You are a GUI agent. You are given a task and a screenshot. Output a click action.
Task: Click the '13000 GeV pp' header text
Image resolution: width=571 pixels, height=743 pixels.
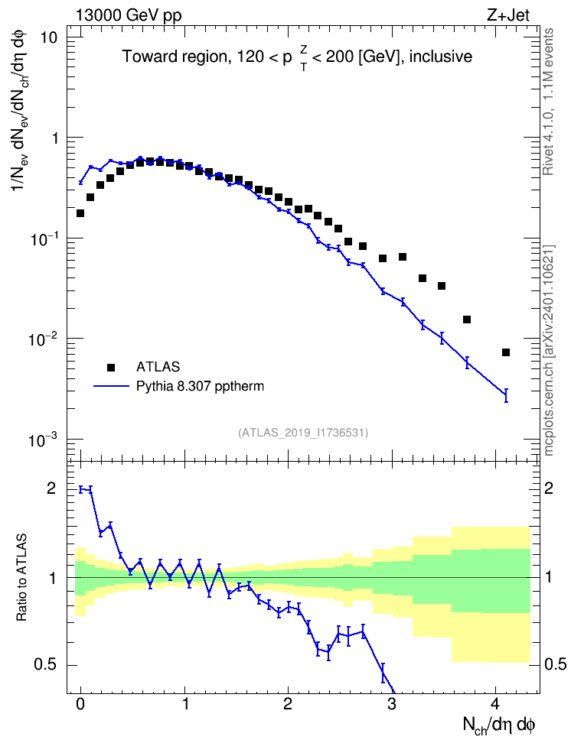(128, 15)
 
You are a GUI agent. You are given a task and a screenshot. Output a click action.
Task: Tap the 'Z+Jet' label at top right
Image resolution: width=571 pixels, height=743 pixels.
(508, 15)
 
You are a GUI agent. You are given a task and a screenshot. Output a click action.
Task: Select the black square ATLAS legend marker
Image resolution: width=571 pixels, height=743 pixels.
(111, 367)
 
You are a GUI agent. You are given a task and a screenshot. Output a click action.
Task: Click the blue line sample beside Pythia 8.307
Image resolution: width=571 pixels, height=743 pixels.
(111, 386)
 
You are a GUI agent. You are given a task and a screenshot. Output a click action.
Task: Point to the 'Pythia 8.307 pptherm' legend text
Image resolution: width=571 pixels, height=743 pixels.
(200, 386)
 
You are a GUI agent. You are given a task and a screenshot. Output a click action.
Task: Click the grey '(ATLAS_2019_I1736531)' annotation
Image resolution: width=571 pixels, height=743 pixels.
(303, 433)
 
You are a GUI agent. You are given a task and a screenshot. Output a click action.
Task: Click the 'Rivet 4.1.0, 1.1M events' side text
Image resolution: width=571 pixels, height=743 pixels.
(548, 102)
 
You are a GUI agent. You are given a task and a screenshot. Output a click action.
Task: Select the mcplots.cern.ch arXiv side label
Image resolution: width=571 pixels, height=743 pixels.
(548, 350)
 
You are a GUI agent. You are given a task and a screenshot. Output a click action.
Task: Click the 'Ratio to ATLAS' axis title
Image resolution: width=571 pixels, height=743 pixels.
(21, 577)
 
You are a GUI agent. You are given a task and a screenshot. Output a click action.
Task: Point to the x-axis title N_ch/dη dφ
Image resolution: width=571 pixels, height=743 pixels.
(499, 725)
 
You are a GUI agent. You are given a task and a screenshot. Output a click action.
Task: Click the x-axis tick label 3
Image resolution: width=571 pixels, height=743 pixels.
(392, 704)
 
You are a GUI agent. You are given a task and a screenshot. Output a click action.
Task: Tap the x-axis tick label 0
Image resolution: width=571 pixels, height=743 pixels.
(80, 704)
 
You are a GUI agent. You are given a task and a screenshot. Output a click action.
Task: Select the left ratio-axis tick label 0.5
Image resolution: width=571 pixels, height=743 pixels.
(46, 665)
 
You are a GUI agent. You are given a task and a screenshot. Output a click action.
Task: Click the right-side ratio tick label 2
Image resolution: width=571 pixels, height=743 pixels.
(549, 488)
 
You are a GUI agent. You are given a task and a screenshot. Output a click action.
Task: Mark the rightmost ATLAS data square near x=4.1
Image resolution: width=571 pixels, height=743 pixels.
(506, 352)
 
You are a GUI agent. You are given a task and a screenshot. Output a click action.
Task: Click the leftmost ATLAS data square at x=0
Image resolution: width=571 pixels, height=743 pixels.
(80, 213)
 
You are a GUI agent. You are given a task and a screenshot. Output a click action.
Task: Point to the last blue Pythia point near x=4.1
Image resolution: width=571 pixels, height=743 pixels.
(506, 394)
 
